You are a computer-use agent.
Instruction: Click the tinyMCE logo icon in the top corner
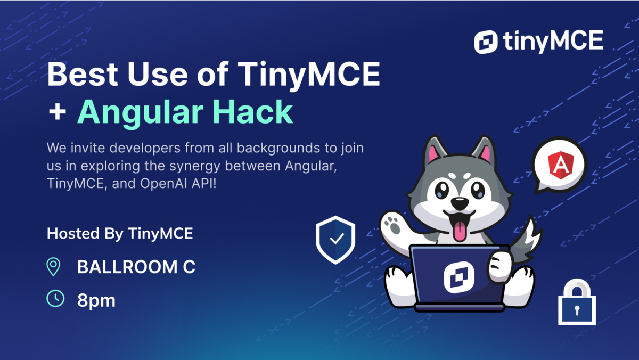coord(486,42)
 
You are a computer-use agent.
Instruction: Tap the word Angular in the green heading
coord(141,112)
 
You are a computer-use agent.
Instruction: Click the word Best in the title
coord(83,74)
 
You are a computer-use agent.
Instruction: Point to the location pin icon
coord(53,267)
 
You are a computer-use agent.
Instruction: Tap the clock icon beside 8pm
coord(55,299)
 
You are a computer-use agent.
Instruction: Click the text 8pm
coord(96,301)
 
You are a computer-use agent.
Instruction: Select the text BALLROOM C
coord(136,267)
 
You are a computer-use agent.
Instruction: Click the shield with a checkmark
coord(335,240)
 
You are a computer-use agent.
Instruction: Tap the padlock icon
coord(577,302)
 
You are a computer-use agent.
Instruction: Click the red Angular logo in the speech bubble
coord(561,165)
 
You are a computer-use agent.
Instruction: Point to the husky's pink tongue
coord(459,231)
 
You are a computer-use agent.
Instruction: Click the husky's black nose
coord(459,203)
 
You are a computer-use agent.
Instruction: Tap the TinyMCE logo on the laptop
coord(459,277)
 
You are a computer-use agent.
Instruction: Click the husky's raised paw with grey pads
coord(393,225)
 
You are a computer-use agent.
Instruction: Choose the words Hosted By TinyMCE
coord(120,234)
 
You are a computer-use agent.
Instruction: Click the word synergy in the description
coord(195,166)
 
